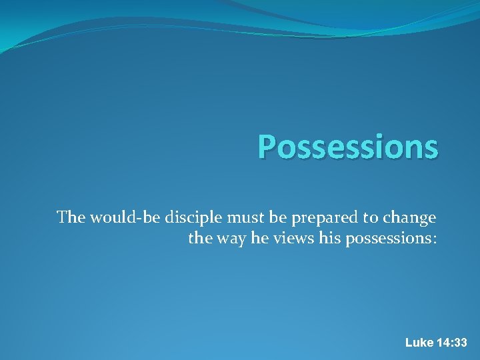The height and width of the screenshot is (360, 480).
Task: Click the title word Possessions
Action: [x=348, y=147]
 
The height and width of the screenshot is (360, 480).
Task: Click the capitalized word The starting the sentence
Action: [x=71, y=217]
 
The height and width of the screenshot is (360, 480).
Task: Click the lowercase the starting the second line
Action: [x=200, y=239]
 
